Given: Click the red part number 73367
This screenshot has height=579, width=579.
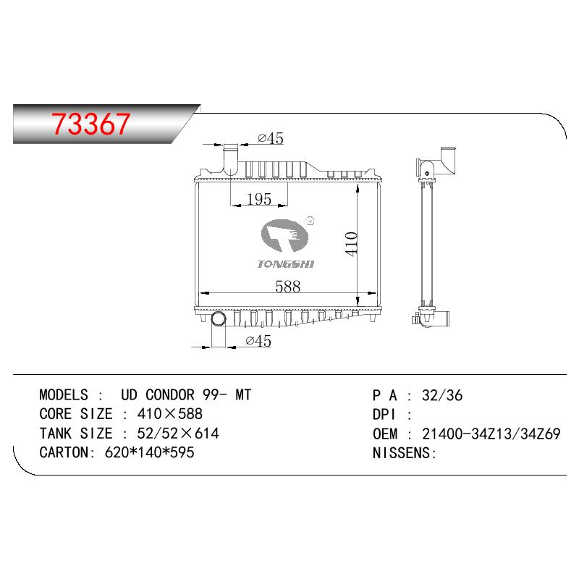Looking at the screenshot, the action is pyautogui.click(x=91, y=123).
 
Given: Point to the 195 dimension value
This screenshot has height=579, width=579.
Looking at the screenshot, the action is pyautogui.click(x=259, y=200).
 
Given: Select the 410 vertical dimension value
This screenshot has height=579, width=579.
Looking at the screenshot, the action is pyautogui.click(x=351, y=243).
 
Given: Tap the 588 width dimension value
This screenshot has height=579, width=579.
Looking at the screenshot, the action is pyautogui.click(x=287, y=287).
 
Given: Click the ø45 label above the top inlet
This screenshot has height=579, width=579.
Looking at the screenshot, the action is pyautogui.click(x=271, y=138).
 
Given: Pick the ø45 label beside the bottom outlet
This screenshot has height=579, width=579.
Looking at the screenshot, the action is pyautogui.click(x=258, y=341).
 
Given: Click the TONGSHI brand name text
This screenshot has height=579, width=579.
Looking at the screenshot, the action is pyautogui.click(x=285, y=264).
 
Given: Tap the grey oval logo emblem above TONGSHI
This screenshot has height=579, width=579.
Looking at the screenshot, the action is pyautogui.click(x=284, y=235).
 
